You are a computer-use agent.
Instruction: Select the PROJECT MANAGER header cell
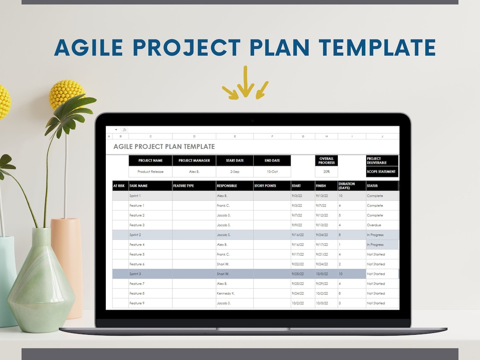coord(194,160)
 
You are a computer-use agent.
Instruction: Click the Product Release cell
coord(150,172)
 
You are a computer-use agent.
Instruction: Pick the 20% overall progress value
coord(326,172)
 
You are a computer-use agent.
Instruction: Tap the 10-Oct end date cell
coord(272,172)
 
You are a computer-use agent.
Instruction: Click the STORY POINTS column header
coord(265,186)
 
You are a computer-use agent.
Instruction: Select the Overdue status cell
coord(374,225)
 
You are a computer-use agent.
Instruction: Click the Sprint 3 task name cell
coord(135,274)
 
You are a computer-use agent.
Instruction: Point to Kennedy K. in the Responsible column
coord(225,293)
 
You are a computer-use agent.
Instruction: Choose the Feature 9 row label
coord(136,303)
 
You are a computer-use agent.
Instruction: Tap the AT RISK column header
coord(119,186)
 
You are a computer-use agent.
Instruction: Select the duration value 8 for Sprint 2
coord(340,235)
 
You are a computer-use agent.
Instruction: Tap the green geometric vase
coord(41,284)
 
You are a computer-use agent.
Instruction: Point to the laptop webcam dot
coord(252,120)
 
